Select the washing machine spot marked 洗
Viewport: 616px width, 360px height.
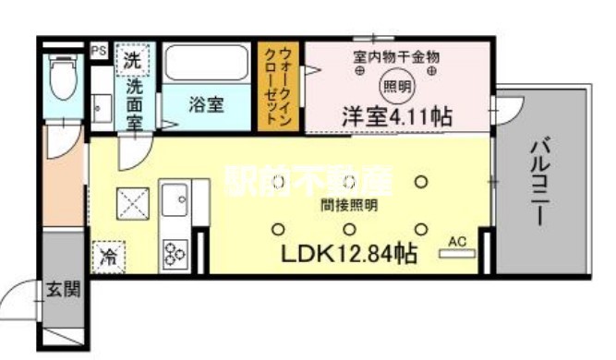tap(132, 61)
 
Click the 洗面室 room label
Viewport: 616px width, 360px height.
tap(133, 102)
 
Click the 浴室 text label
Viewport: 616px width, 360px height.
tap(207, 104)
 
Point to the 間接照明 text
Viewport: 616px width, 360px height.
tap(348, 206)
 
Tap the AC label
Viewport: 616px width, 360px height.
tap(455, 242)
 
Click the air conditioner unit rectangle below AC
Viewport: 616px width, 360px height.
tap(455, 254)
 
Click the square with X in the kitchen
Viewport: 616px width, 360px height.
tap(132, 202)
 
